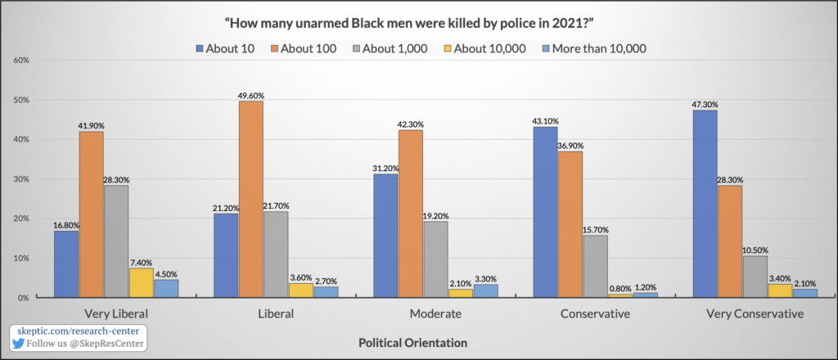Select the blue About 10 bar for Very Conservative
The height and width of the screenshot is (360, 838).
705,204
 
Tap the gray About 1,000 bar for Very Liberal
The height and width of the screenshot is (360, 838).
117,241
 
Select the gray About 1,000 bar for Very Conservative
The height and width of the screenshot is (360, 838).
755,277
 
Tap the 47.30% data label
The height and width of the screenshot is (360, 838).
705,104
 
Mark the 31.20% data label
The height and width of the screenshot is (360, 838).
385,168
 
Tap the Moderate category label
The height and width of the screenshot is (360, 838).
437,314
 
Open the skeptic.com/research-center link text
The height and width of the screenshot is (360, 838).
72,331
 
